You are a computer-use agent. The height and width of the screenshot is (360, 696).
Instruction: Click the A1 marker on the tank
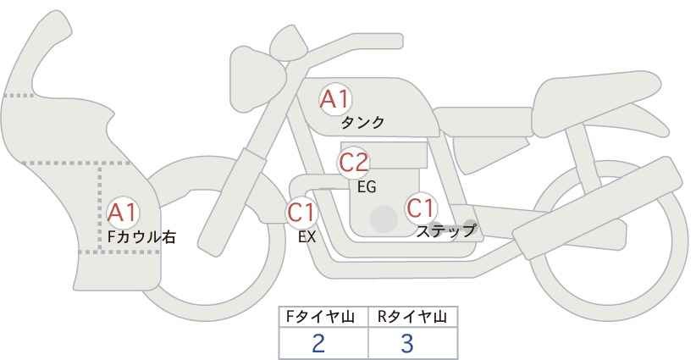coord(335,99)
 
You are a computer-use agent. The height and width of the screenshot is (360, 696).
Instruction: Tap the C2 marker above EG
coord(354,163)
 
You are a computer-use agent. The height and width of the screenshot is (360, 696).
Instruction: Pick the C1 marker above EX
coord(301,212)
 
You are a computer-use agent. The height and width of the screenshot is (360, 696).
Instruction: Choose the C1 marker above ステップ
coord(421,208)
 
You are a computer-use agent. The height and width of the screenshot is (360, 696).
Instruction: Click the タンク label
coord(362,123)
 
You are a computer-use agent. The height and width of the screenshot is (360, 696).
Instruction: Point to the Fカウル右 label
coord(141,236)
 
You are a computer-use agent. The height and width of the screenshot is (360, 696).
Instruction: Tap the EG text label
coord(367,187)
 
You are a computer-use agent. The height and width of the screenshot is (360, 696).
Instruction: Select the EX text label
coord(307,237)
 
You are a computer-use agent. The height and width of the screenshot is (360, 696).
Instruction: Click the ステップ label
coord(445,231)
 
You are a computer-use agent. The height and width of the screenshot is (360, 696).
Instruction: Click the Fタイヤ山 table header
coord(320,317)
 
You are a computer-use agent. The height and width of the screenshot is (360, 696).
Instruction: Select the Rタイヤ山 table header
coord(412,317)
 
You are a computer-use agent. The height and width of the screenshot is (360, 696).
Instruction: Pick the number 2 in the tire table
coord(318,343)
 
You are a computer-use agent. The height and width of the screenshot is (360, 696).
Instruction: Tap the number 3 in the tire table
coord(407,343)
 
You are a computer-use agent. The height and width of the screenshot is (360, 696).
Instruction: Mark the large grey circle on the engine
coord(384,219)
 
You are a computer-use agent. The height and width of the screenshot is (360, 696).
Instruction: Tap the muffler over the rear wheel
coord(598,208)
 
